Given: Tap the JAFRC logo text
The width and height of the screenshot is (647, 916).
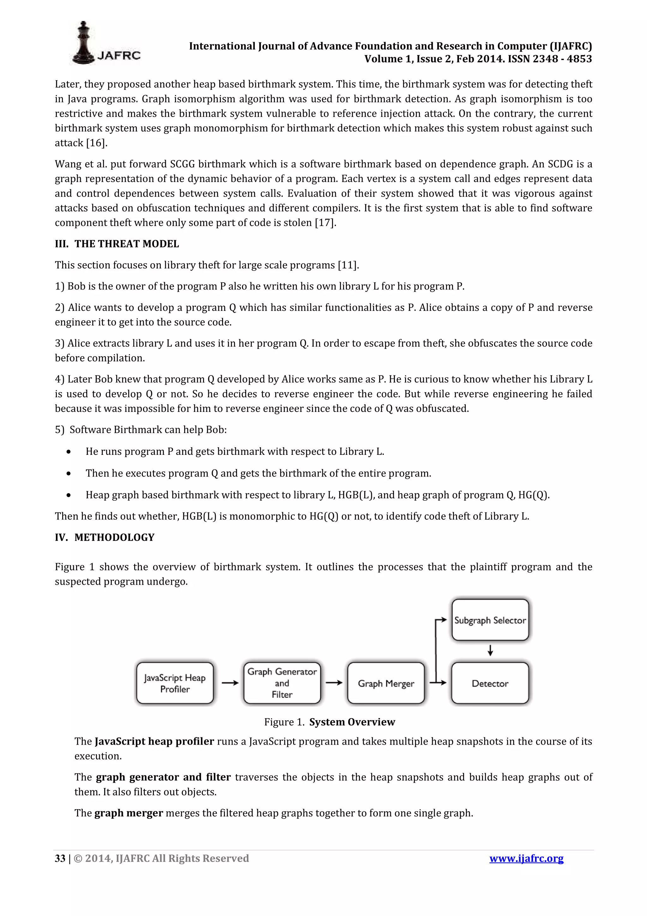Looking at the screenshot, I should coord(119,55).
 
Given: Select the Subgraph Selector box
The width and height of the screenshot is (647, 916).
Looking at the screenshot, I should coord(490,620).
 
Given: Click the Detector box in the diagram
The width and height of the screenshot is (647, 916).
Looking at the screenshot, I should coord(490,683).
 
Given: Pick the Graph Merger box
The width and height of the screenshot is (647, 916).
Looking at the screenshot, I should coord(386,683).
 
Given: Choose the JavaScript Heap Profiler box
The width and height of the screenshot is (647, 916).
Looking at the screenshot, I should coord(175,683).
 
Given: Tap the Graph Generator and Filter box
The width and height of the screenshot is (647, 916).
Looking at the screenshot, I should coord(282,683).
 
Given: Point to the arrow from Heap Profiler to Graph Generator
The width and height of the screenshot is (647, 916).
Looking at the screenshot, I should coord(230,683).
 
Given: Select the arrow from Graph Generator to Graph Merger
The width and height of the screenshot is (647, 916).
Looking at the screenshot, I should coord(334,683).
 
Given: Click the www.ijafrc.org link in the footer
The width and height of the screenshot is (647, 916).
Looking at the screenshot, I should coord(526,858).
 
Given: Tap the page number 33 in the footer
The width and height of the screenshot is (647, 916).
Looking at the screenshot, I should coord(60,858).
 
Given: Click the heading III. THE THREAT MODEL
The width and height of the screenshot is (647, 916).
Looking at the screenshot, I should coord(117,244).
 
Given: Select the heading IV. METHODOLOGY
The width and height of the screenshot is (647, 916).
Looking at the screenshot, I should coord(105,537).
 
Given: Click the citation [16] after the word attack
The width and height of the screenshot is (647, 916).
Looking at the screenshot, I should coord(97,143).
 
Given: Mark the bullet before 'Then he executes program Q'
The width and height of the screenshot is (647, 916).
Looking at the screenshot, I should coord(69,473).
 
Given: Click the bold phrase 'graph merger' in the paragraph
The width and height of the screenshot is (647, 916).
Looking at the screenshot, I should coord(129,813).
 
